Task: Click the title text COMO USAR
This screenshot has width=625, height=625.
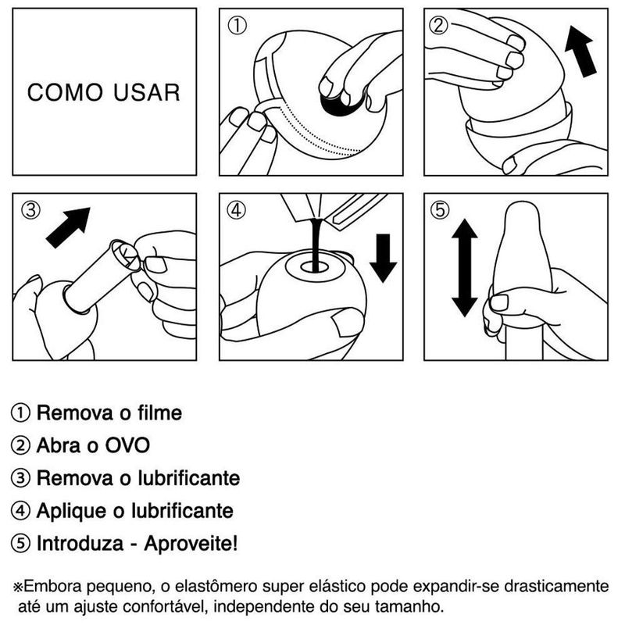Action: tap(104, 92)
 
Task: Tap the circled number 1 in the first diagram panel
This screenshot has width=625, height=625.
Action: tap(237, 26)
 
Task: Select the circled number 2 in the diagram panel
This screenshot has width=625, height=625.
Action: tap(438, 26)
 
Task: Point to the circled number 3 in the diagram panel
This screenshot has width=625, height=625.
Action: tap(30, 209)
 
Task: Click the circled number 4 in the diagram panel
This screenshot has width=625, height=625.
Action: tap(237, 209)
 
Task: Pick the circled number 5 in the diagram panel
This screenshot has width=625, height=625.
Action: tap(440, 209)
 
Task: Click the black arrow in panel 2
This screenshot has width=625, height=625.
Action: tap(581, 51)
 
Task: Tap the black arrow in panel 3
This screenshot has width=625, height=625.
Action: tap(68, 227)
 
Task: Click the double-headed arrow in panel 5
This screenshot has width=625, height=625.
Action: tap(464, 268)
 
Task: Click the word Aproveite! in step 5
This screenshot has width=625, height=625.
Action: tap(191, 543)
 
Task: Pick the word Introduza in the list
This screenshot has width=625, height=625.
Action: tap(80, 543)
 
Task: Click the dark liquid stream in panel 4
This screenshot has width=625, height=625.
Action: tap(317, 245)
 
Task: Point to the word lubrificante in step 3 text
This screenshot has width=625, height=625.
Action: tap(189, 478)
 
